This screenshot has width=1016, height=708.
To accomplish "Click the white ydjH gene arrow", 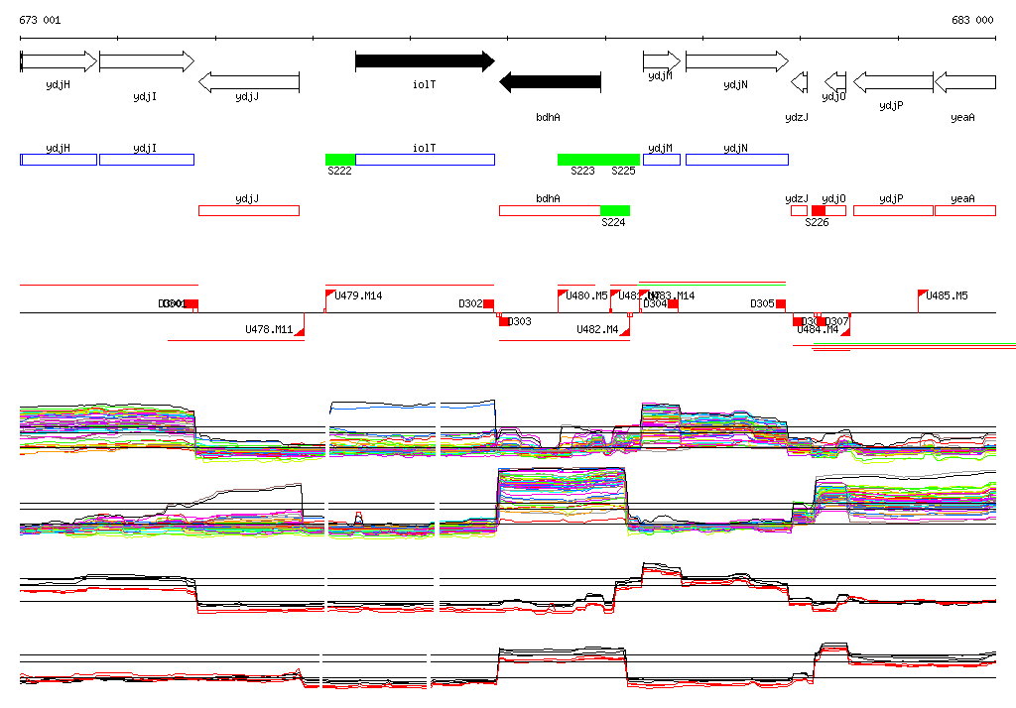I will pos(59,61).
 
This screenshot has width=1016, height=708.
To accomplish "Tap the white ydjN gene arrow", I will pos(735,61).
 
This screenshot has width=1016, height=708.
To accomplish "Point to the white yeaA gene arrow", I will pos(964,82).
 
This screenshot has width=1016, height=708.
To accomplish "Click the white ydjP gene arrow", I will pos(893,82).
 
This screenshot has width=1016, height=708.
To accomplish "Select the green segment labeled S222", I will pos(340,160).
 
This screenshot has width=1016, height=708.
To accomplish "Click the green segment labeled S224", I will pos(615,210).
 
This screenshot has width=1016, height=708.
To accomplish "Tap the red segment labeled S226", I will pos(819,210).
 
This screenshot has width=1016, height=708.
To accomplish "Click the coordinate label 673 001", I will pos(40,20).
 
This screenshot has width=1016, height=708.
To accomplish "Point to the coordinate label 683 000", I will pos(972,20).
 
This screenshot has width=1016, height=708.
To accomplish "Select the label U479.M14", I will pos(358,295).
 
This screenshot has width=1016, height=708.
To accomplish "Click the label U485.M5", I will pos(947,295).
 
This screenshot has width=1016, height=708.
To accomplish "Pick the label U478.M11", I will pos(269,329).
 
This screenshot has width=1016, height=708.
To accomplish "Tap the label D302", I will pos(470,303).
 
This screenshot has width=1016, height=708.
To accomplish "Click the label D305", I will pos(762,303).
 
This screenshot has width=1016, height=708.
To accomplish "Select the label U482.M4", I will pos(597,329).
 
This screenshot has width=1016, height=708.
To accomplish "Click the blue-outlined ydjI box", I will pos(146,160).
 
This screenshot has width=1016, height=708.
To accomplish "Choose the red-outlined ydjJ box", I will pos(248,210).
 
